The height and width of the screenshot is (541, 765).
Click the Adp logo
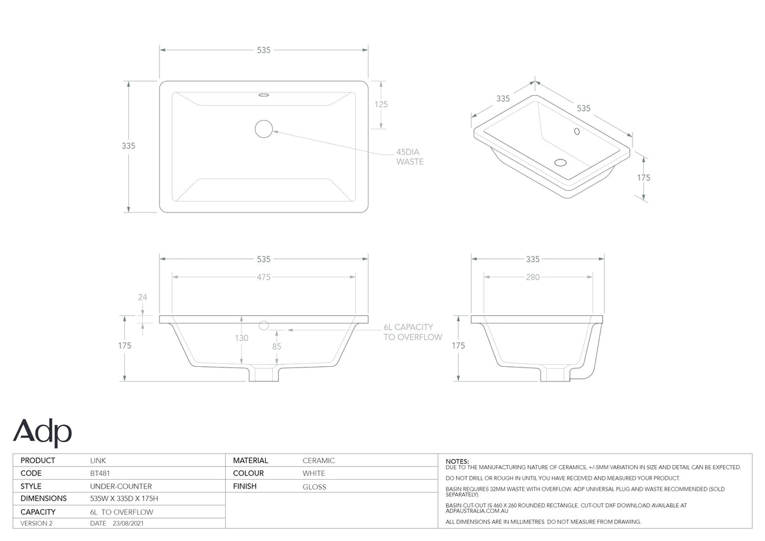pyautogui.click(x=42, y=433)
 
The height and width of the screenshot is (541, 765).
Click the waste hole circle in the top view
pyautogui.click(x=264, y=129)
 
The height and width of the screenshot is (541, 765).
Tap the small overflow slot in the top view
pyautogui.click(x=264, y=95)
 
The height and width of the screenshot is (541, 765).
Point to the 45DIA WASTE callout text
pyautogui.click(x=410, y=157)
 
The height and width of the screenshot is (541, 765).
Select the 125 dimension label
pyautogui.click(x=381, y=104)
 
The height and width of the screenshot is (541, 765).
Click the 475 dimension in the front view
pyautogui.click(x=264, y=277)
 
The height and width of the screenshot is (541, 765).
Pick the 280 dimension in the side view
pyautogui.click(x=533, y=277)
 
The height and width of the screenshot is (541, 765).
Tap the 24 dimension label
pyautogui.click(x=142, y=297)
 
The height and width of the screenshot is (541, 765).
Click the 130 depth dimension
pyautogui.click(x=242, y=338)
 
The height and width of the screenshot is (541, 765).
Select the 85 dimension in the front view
pyautogui.click(x=277, y=346)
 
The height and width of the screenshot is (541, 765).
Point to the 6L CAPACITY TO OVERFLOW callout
pyautogui.click(x=412, y=332)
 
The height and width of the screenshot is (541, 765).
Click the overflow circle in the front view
pyautogui.click(x=264, y=326)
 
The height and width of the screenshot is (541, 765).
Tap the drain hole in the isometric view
pyautogui.click(x=560, y=163)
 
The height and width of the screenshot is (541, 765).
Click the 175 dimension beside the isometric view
pyautogui.click(x=644, y=178)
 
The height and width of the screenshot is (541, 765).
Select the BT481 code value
pyautogui.click(x=99, y=473)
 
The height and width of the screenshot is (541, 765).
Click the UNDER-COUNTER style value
pyautogui.click(x=121, y=486)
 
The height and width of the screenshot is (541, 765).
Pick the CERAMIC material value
pyautogui.click(x=319, y=461)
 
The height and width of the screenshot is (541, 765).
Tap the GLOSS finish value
pyautogui.click(x=314, y=487)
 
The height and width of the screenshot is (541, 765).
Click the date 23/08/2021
pyautogui.click(x=128, y=523)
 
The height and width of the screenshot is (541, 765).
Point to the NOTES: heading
pyautogui.click(x=457, y=461)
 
